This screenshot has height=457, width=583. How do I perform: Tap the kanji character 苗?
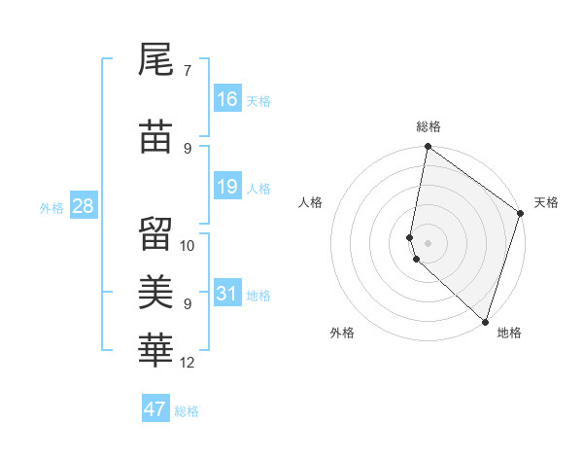coord(155,138)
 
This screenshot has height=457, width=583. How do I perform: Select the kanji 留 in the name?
coord(155,233)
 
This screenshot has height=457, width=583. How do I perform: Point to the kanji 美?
coord(155,291)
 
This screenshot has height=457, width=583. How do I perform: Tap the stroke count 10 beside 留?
coord(188,245)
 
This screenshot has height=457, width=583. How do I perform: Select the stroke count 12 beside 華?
coord(188,363)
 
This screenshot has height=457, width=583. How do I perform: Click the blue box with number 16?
coord(227,98)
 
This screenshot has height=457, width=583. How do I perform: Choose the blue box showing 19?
coord(227,186)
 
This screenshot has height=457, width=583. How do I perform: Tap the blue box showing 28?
coord(83,205)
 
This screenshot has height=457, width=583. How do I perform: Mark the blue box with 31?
coord(227,293)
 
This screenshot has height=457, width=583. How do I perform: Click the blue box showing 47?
coord(155,408)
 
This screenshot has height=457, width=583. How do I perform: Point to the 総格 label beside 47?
coord(187,411)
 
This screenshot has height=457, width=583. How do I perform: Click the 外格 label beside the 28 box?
coord(51,207)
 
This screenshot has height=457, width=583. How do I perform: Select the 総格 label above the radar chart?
coord(429,127)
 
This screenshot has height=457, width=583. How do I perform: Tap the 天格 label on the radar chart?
coord(546,202)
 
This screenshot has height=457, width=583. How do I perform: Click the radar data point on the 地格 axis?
coord(485,321)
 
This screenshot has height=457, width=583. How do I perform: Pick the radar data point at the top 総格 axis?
coord(428,147)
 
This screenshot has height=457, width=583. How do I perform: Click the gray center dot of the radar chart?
coord(428,242)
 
